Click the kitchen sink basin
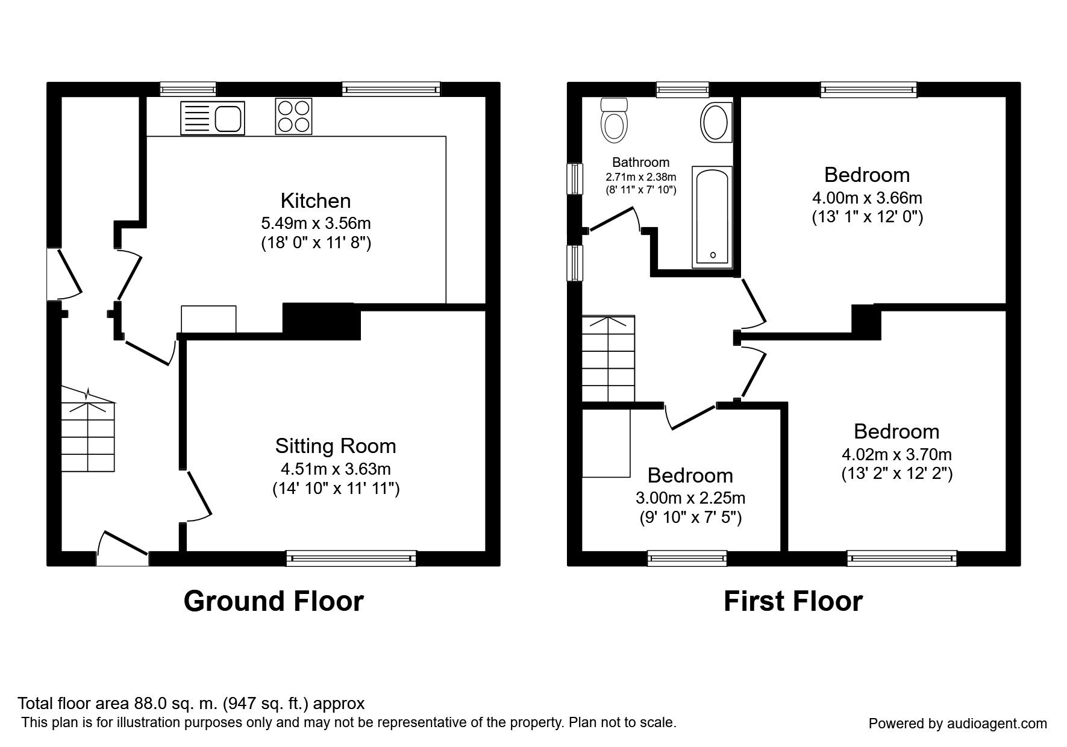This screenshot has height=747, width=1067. [x=228, y=118]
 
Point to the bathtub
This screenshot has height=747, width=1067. [x=712, y=217]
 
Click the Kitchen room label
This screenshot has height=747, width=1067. [x=316, y=200]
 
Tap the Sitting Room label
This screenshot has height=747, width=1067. [x=336, y=446]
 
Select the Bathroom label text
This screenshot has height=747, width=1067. [x=641, y=162]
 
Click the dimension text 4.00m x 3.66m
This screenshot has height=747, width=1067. [x=867, y=198]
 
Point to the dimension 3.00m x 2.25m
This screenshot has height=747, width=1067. [x=690, y=498]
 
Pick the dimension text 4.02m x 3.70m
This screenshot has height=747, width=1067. [x=896, y=454]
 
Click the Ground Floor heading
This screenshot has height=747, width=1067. [x=274, y=601]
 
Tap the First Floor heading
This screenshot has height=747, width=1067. [x=793, y=601]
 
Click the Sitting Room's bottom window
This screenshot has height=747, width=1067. [x=351, y=558]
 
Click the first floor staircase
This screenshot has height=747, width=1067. [x=608, y=358]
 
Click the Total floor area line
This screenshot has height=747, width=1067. [x=191, y=704]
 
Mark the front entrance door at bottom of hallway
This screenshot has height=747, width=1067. [x=122, y=548]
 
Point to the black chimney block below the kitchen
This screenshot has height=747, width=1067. [x=322, y=322]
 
